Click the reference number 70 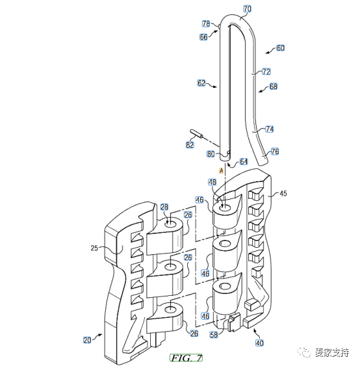248,9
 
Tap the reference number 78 206,23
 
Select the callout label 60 281,48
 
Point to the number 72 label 266,72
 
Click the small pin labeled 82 198,133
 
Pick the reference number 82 190,145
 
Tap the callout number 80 211,154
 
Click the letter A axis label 221,170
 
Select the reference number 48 212,182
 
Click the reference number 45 283,193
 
